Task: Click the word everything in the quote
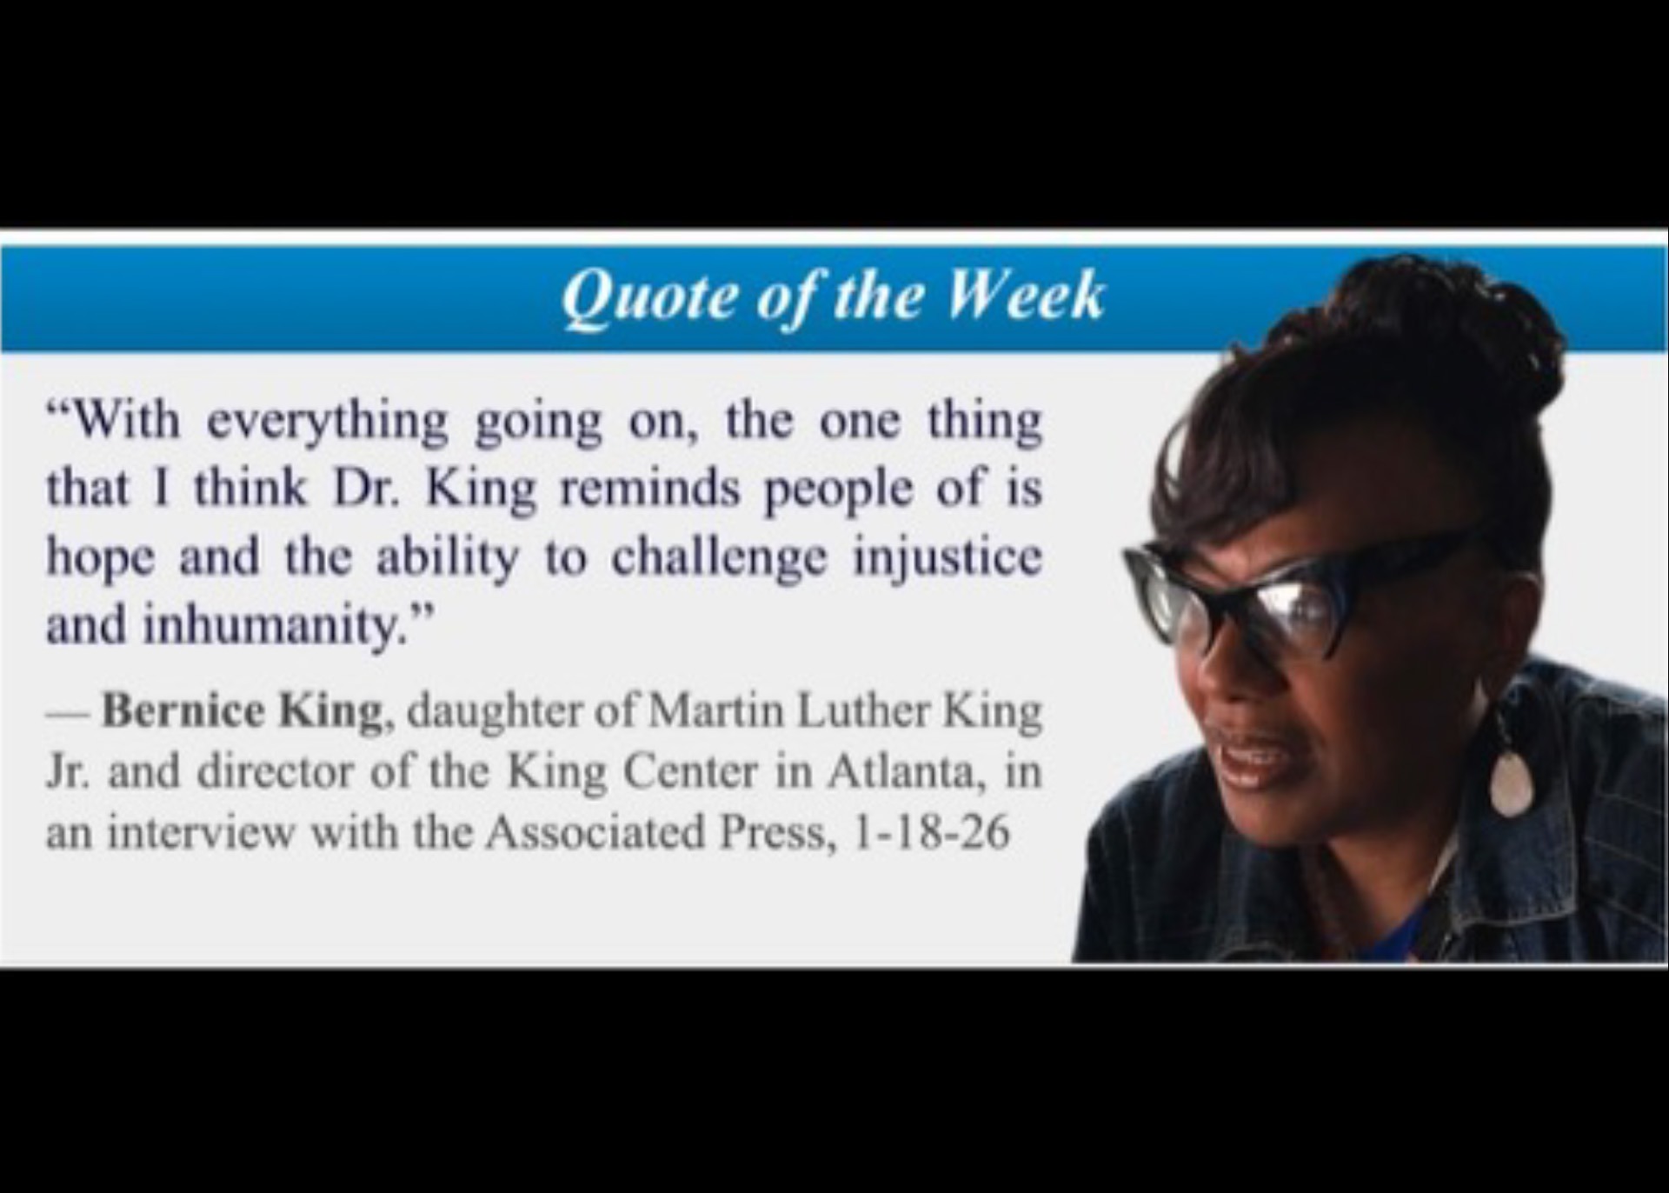coord(328,423)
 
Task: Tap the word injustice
coord(947,557)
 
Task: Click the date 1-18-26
coord(932,832)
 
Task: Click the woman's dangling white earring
coord(1511,781)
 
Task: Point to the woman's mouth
coord(1252,755)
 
